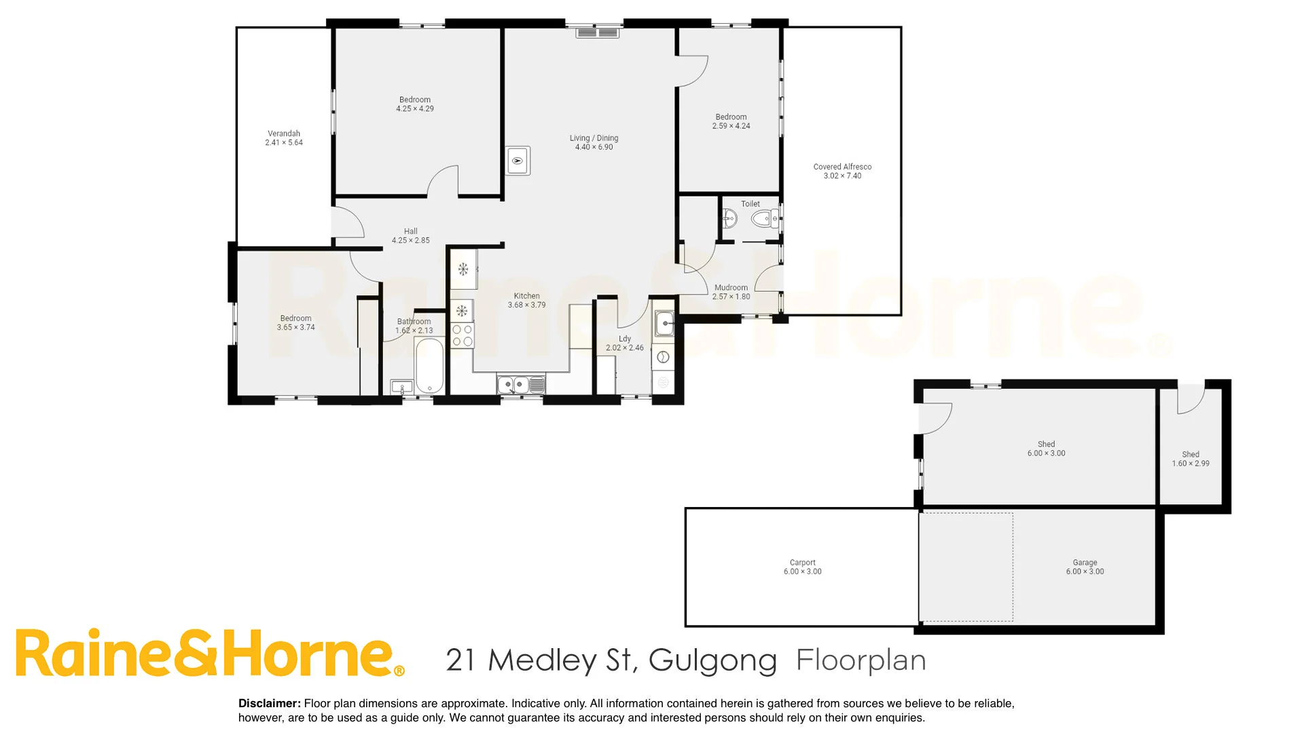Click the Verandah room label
[x=284, y=134]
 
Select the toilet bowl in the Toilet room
[x=763, y=219]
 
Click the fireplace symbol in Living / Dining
[x=518, y=161]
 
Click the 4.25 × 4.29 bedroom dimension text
[x=415, y=109]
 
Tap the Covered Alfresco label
[x=842, y=166]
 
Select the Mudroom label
[x=731, y=288]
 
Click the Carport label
[x=802, y=563]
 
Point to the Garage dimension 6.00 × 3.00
[x=1085, y=571]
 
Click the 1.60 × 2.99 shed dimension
[x=1190, y=464]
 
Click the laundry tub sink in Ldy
[x=664, y=324]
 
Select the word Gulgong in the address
[x=712, y=660]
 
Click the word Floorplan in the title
[x=861, y=660]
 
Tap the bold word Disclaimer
[x=269, y=704]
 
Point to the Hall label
[x=410, y=231]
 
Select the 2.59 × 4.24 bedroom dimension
[x=731, y=126]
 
